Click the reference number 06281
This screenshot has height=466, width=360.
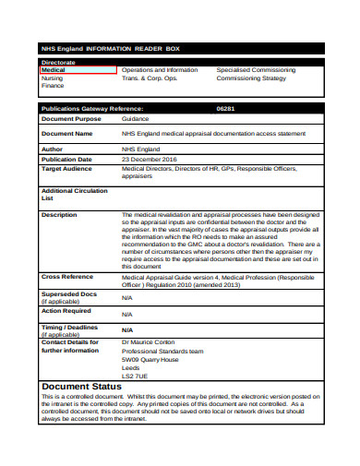[x=225, y=108]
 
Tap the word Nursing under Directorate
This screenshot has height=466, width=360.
[x=53, y=78]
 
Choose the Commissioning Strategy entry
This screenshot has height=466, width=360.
[x=251, y=78]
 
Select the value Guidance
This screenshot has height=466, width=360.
[x=136, y=119]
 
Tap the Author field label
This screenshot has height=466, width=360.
[x=54, y=148]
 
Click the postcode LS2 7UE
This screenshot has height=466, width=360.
[x=135, y=376]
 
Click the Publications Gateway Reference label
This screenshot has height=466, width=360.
[x=92, y=108]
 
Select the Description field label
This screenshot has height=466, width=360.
[x=60, y=214]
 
